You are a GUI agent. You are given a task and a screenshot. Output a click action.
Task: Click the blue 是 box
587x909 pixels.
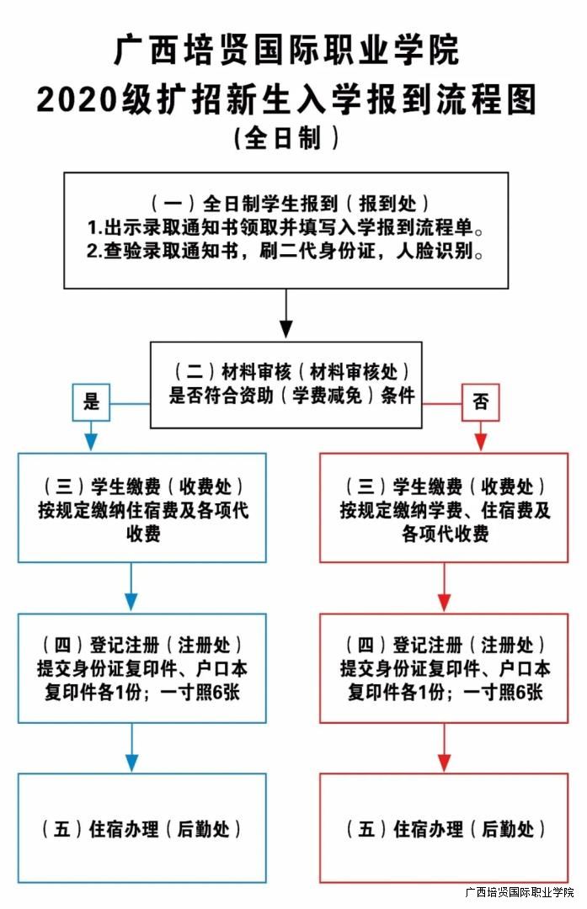click(91, 401)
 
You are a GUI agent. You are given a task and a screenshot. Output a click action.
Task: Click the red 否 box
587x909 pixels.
click(481, 401)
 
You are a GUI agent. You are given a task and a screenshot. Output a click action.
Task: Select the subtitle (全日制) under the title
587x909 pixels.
click(286, 137)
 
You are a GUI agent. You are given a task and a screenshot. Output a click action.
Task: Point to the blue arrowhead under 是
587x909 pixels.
click(91, 441)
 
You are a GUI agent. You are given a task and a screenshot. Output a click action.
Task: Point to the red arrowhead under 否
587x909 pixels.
click(481, 441)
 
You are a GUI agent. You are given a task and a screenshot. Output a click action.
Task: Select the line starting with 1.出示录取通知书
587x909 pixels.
click(286, 228)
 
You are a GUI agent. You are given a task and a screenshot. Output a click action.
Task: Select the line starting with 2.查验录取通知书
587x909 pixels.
click(286, 252)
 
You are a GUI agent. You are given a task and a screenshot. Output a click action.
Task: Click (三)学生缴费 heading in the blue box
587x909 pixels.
click(142, 486)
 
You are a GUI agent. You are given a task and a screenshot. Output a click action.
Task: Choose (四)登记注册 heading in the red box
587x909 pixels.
click(445, 646)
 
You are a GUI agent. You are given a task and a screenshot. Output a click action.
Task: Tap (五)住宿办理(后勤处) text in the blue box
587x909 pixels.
click(142, 829)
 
